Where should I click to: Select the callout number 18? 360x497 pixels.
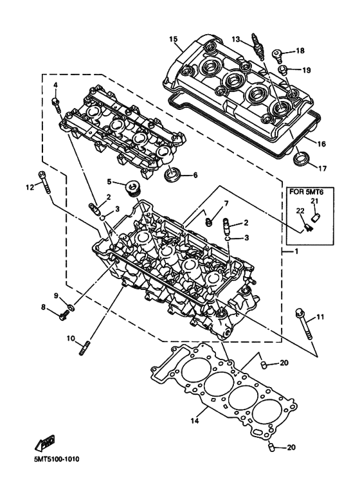click(300, 50)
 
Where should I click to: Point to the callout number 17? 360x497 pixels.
click(322, 169)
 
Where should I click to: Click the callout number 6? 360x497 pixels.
click(195, 175)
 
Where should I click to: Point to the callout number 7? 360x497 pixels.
click(226, 204)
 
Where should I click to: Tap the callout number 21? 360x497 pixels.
click(316, 201)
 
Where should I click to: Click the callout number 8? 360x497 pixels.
click(44, 307)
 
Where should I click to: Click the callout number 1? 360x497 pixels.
click(296, 251)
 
